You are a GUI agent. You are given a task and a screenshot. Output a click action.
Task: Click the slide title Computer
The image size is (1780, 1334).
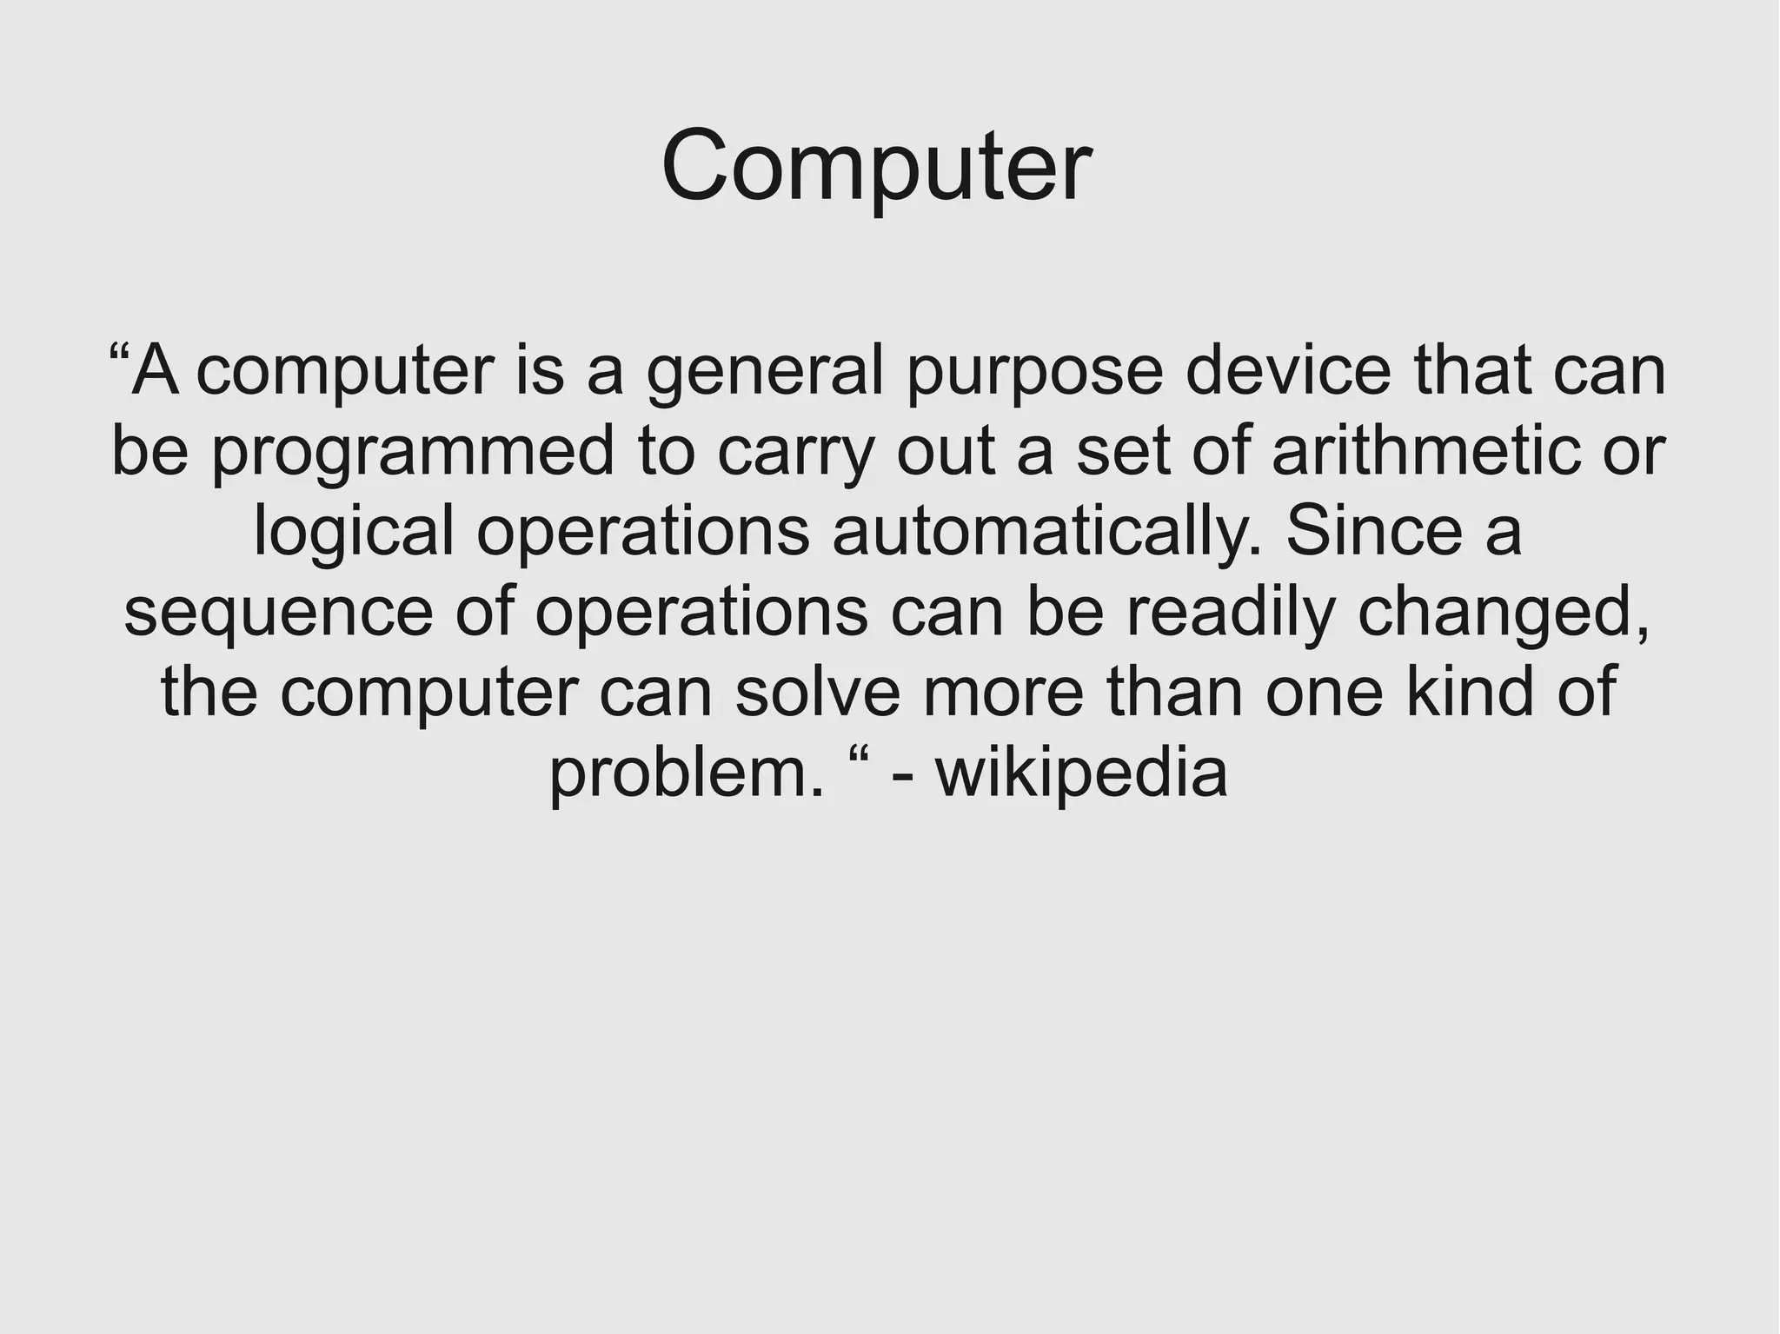(876, 165)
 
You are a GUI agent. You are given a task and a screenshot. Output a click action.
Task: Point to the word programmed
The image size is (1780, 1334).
(413, 453)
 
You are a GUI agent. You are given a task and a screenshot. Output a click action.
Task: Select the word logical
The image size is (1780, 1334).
(354, 533)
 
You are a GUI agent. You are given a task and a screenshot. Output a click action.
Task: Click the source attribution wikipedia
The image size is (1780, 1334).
(1081, 773)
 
